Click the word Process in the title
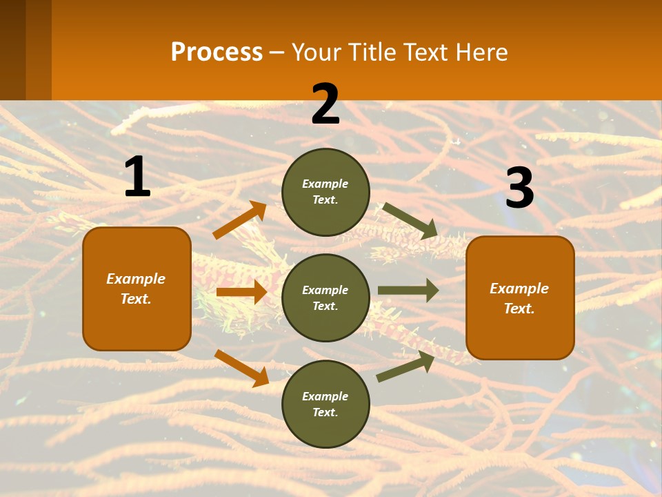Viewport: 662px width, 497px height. point(217,52)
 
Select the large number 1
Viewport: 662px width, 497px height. point(137,177)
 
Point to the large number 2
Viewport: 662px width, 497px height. point(325,104)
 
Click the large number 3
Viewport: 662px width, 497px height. point(519,188)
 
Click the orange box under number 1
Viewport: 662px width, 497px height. point(137,289)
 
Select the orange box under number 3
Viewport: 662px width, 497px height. point(520,298)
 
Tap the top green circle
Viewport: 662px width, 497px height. point(325,192)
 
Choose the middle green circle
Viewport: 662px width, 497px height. point(325,298)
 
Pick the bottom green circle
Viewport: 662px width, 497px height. point(325,404)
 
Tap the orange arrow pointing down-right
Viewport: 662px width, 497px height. point(241,368)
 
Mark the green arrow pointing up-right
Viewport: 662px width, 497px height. point(405,367)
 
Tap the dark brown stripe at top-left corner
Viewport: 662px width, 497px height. point(12,50)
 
